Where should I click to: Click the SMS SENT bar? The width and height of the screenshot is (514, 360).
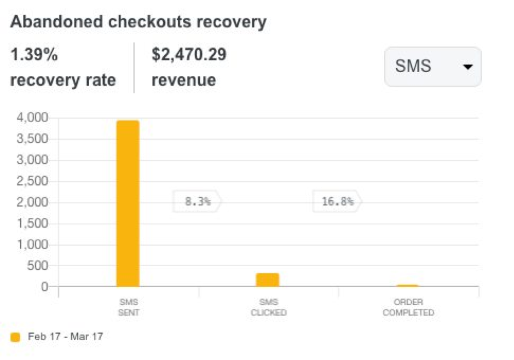128,203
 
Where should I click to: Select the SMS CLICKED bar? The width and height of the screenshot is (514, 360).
268,280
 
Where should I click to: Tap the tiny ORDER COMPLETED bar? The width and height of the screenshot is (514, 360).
408,286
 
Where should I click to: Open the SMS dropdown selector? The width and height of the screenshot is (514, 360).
432,67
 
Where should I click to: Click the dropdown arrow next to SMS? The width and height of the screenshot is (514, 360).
467,67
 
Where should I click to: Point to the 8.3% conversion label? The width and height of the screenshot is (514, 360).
197,201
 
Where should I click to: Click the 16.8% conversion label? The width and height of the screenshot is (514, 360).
337,201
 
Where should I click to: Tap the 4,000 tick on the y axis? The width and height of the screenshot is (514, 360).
32,118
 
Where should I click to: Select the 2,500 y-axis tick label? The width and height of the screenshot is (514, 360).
32,181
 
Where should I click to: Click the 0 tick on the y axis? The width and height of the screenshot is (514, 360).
45,287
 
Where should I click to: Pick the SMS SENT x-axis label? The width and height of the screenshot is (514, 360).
129,307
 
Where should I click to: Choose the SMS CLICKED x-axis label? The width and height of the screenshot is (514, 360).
268,307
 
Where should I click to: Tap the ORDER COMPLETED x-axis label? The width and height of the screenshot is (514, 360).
408,307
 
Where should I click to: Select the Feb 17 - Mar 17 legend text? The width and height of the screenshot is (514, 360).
65,336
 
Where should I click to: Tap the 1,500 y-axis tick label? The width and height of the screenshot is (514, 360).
32,224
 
